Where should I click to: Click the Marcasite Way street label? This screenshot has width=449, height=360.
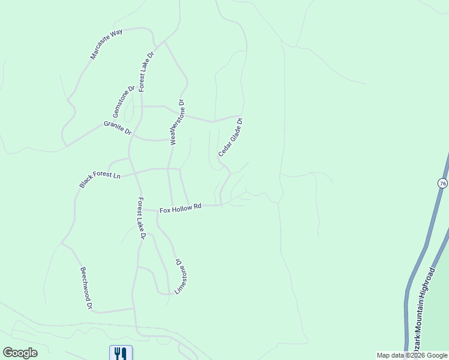pos(106,43)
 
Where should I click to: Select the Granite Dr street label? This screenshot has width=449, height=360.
pos(117,128)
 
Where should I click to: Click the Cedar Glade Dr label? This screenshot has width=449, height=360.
pos(231,137)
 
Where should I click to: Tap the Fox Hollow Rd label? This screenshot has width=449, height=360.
pos(180,208)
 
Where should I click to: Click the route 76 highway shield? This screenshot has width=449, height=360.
pos(442,184)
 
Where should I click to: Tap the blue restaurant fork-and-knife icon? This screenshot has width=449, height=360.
pos(121,353)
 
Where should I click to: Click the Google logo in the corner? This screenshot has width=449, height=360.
pos(20,353)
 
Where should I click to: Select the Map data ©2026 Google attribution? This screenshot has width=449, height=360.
pos(412,355)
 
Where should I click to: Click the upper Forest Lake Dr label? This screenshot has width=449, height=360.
pos(146,71)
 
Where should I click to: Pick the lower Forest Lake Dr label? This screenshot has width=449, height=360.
pos(141,218)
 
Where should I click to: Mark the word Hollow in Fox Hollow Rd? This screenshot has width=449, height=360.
pos(182,208)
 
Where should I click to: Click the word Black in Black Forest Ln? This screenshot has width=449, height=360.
pos(87,182)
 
